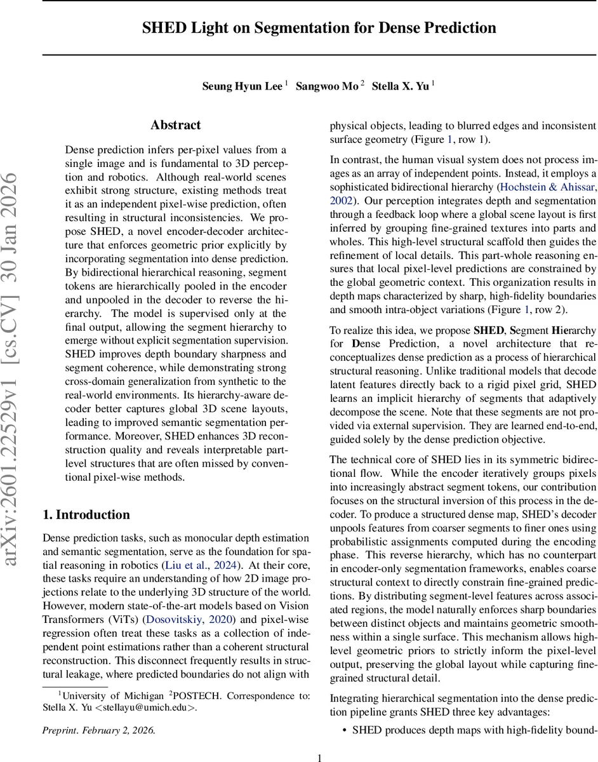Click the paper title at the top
[x=318, y=28]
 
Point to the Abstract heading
[x=175, y=126]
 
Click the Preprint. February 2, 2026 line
[x=98, y=730]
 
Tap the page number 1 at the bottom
[x=320, y=757]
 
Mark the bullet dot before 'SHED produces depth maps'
[x=344, y=730]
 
